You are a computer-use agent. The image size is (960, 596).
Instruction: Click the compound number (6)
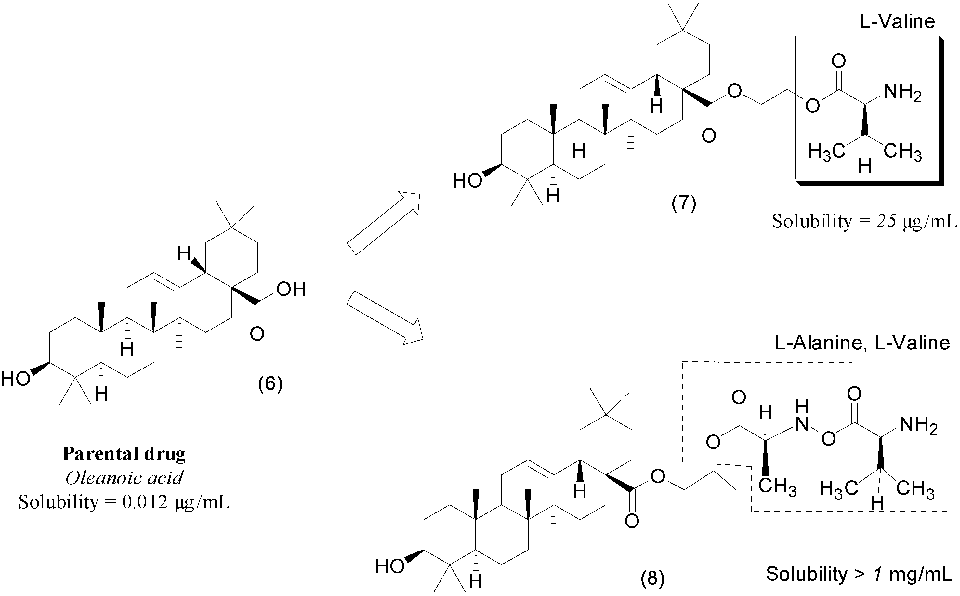click(x=270, y=383)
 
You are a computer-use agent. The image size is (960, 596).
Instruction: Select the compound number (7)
click(x=684, y=204)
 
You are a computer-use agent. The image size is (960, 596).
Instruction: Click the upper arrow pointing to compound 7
click(x=383, y=223)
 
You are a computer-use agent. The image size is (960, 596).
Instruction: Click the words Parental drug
click(x=124, y=454)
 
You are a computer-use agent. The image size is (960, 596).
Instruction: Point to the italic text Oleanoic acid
click(x=124, y=478)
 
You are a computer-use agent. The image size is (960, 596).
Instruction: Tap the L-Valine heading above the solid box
click(x=897, y=21)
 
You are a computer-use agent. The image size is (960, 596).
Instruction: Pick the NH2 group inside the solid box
click(x=902, y=93)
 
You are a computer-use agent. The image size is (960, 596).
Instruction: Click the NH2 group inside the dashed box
click(x=918, y=426)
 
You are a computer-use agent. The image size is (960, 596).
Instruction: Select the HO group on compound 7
click(x=467, y=181)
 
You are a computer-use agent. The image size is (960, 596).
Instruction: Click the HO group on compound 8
click(x=389, y=567)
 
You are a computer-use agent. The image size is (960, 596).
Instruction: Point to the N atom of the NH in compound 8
click(x=802, y=424)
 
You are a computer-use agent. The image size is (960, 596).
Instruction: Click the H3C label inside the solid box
click(x=826, y=152)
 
